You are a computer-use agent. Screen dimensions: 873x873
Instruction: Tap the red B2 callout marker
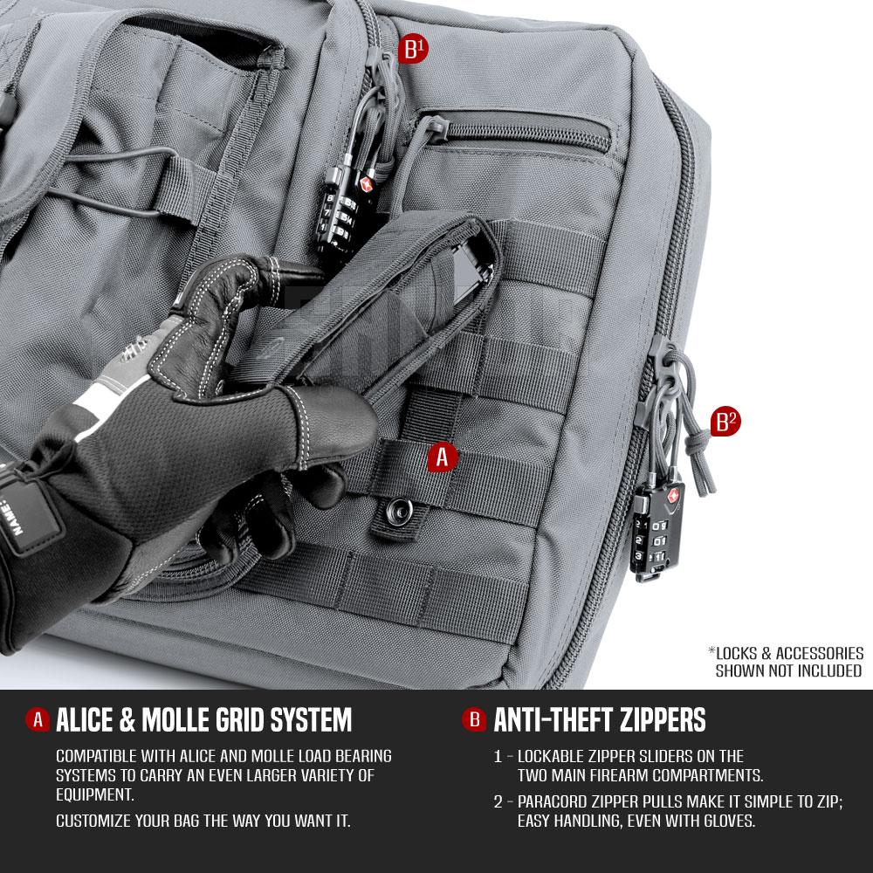pyautogui.click(x=726, y=423)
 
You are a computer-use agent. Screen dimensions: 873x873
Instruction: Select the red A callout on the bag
pyautogui.click(x=443, y=456)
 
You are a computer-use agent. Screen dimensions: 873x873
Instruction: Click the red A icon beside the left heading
pyautogui.click(x=37, y=720)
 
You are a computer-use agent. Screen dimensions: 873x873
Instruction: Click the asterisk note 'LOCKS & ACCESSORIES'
pyautogui.click(x=786, y=653)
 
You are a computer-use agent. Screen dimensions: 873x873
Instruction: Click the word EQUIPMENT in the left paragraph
pyautogui.click(x=94, y=794)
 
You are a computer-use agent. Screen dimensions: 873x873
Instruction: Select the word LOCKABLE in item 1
pyautogui.click(x=555, y=756)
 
